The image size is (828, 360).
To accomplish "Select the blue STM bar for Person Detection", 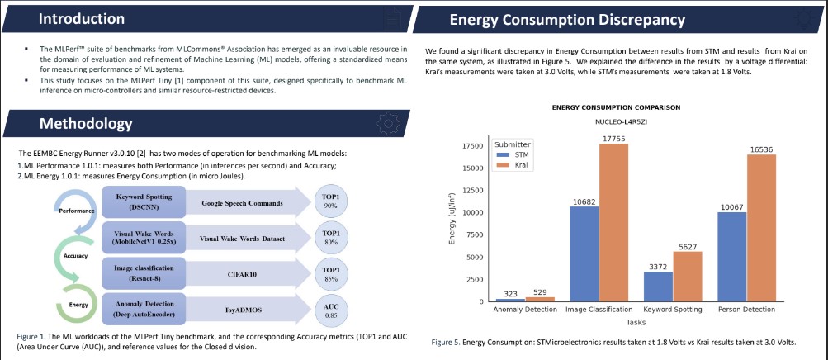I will [x=733, y=256].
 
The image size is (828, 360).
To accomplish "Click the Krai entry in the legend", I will [x=521, y=165].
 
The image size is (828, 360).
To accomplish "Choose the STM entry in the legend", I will [x=521, y=154].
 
